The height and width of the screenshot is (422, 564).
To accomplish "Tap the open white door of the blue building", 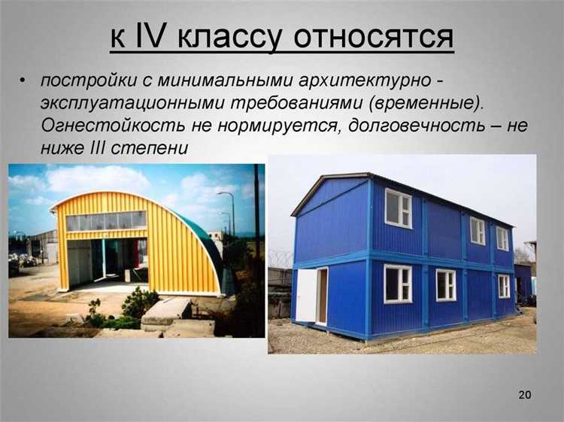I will pyautogui.click(x=308, y=295).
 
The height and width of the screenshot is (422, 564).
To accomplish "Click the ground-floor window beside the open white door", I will pyautogui.click(x=398, y=284).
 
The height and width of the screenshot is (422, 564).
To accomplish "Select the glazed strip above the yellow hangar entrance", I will pyautogui.click(x=106, y=220).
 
